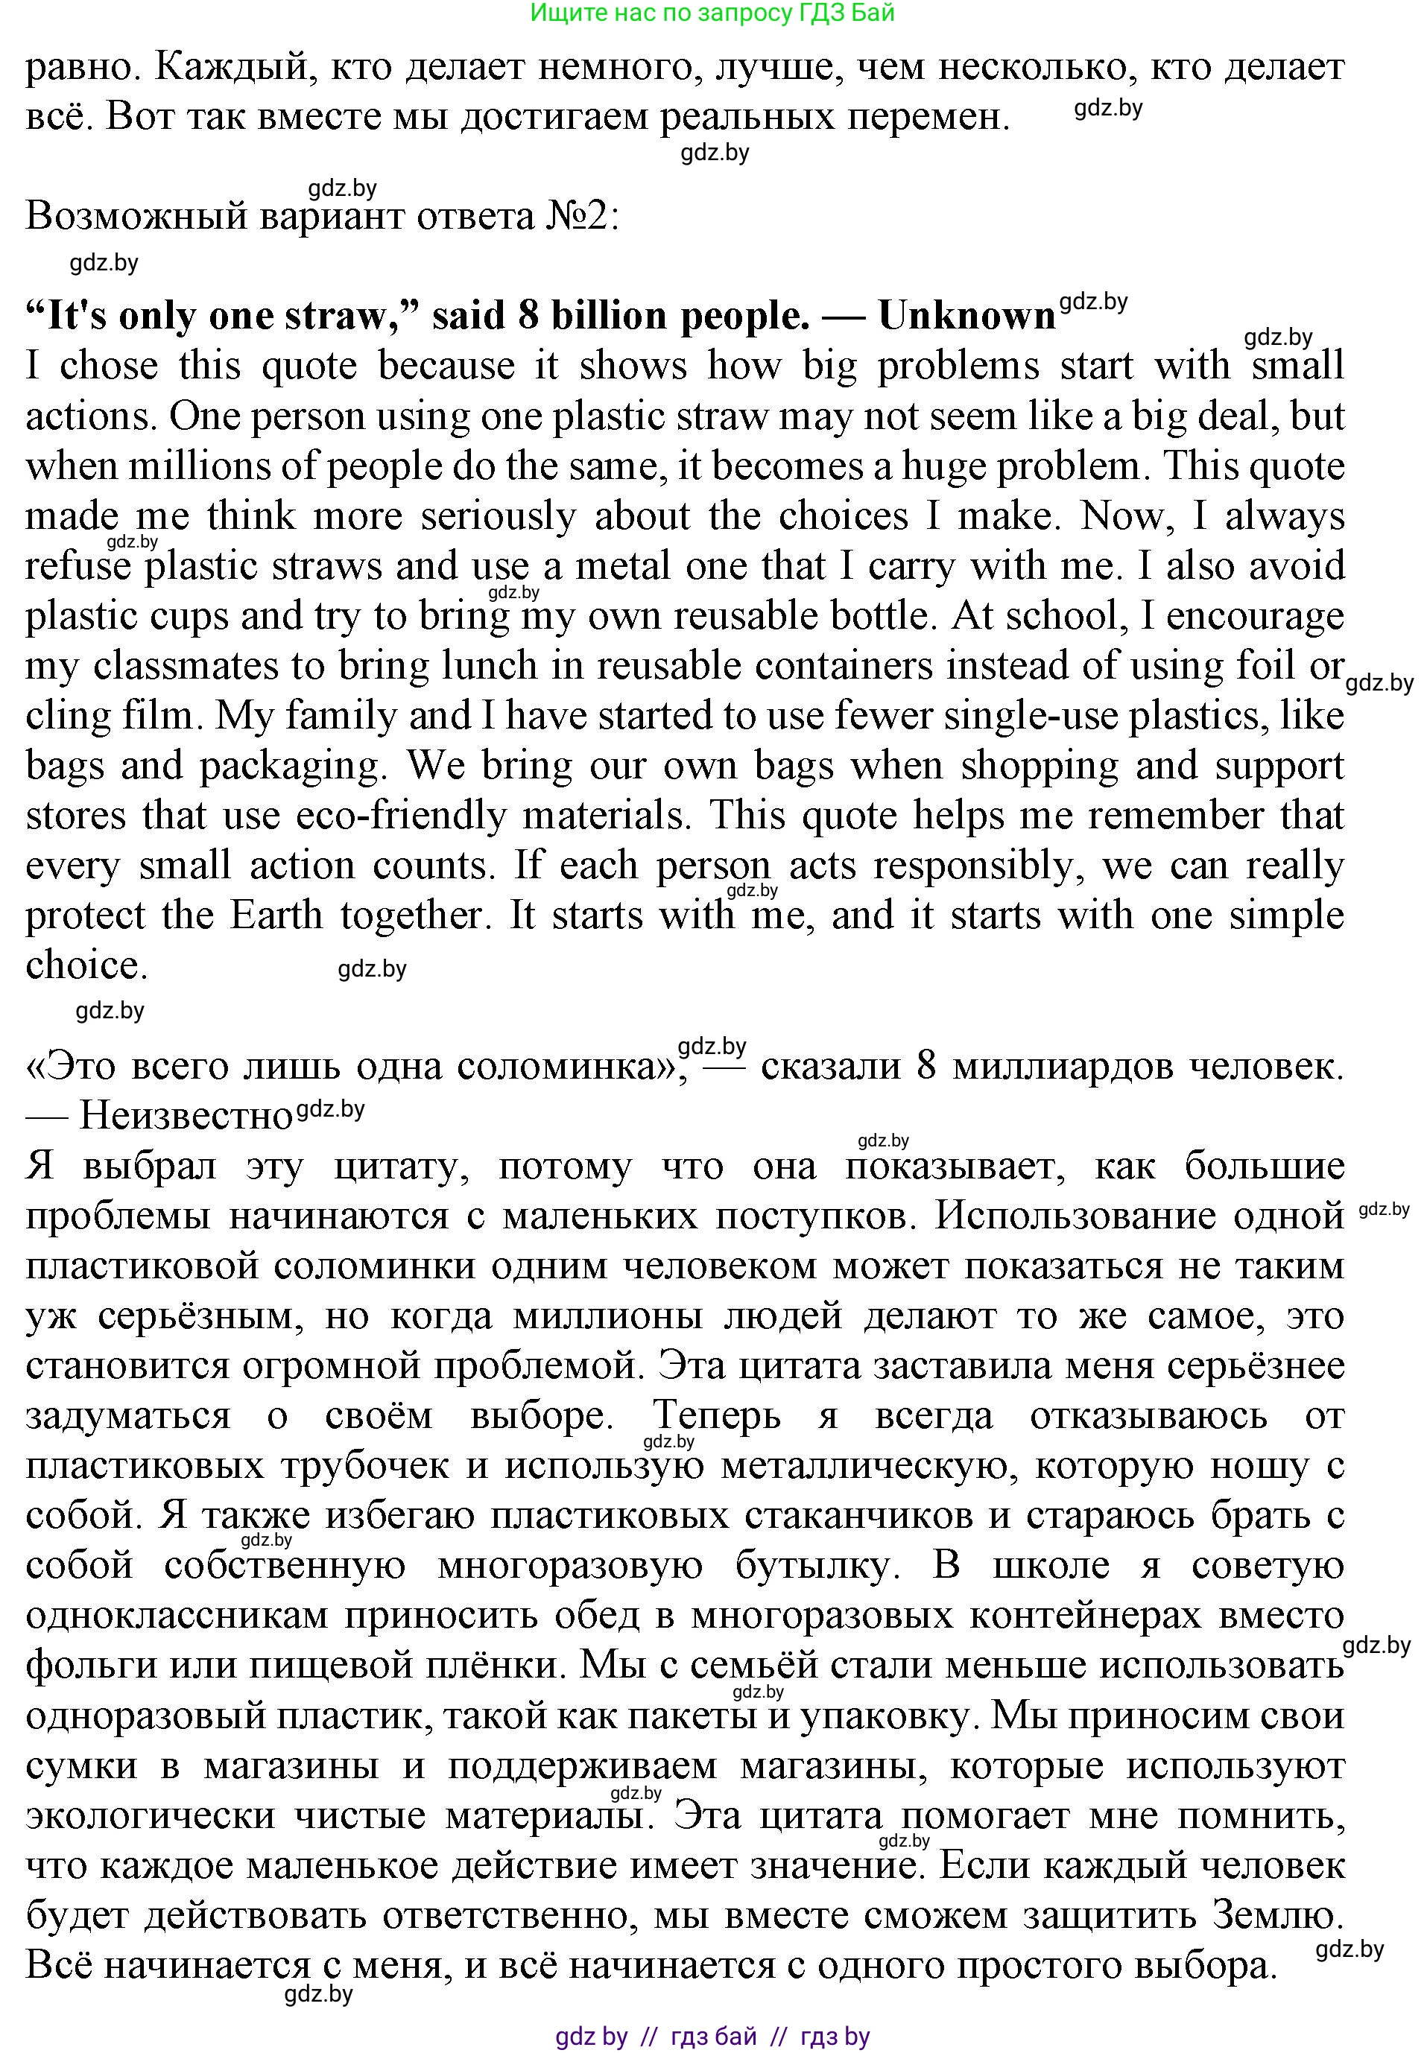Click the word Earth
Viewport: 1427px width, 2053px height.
[x=276, y=916]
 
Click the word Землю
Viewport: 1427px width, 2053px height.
[x=1278, y=1915]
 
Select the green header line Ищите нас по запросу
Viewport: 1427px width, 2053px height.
[x=712, y=13]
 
